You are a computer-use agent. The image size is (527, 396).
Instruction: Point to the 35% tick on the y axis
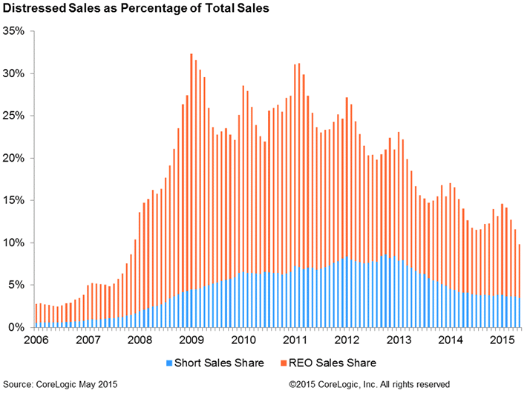point(15,32)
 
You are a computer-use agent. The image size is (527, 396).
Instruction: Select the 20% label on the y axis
point(15,159)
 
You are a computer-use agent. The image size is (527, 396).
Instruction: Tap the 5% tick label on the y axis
point(17,286)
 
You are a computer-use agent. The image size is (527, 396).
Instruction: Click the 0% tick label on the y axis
point(17,328)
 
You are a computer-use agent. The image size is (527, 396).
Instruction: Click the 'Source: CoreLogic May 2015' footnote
point(60,384)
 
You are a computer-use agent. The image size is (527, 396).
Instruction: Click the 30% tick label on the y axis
point(15,74)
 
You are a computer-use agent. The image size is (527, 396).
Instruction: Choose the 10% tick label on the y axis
point(15,243)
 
